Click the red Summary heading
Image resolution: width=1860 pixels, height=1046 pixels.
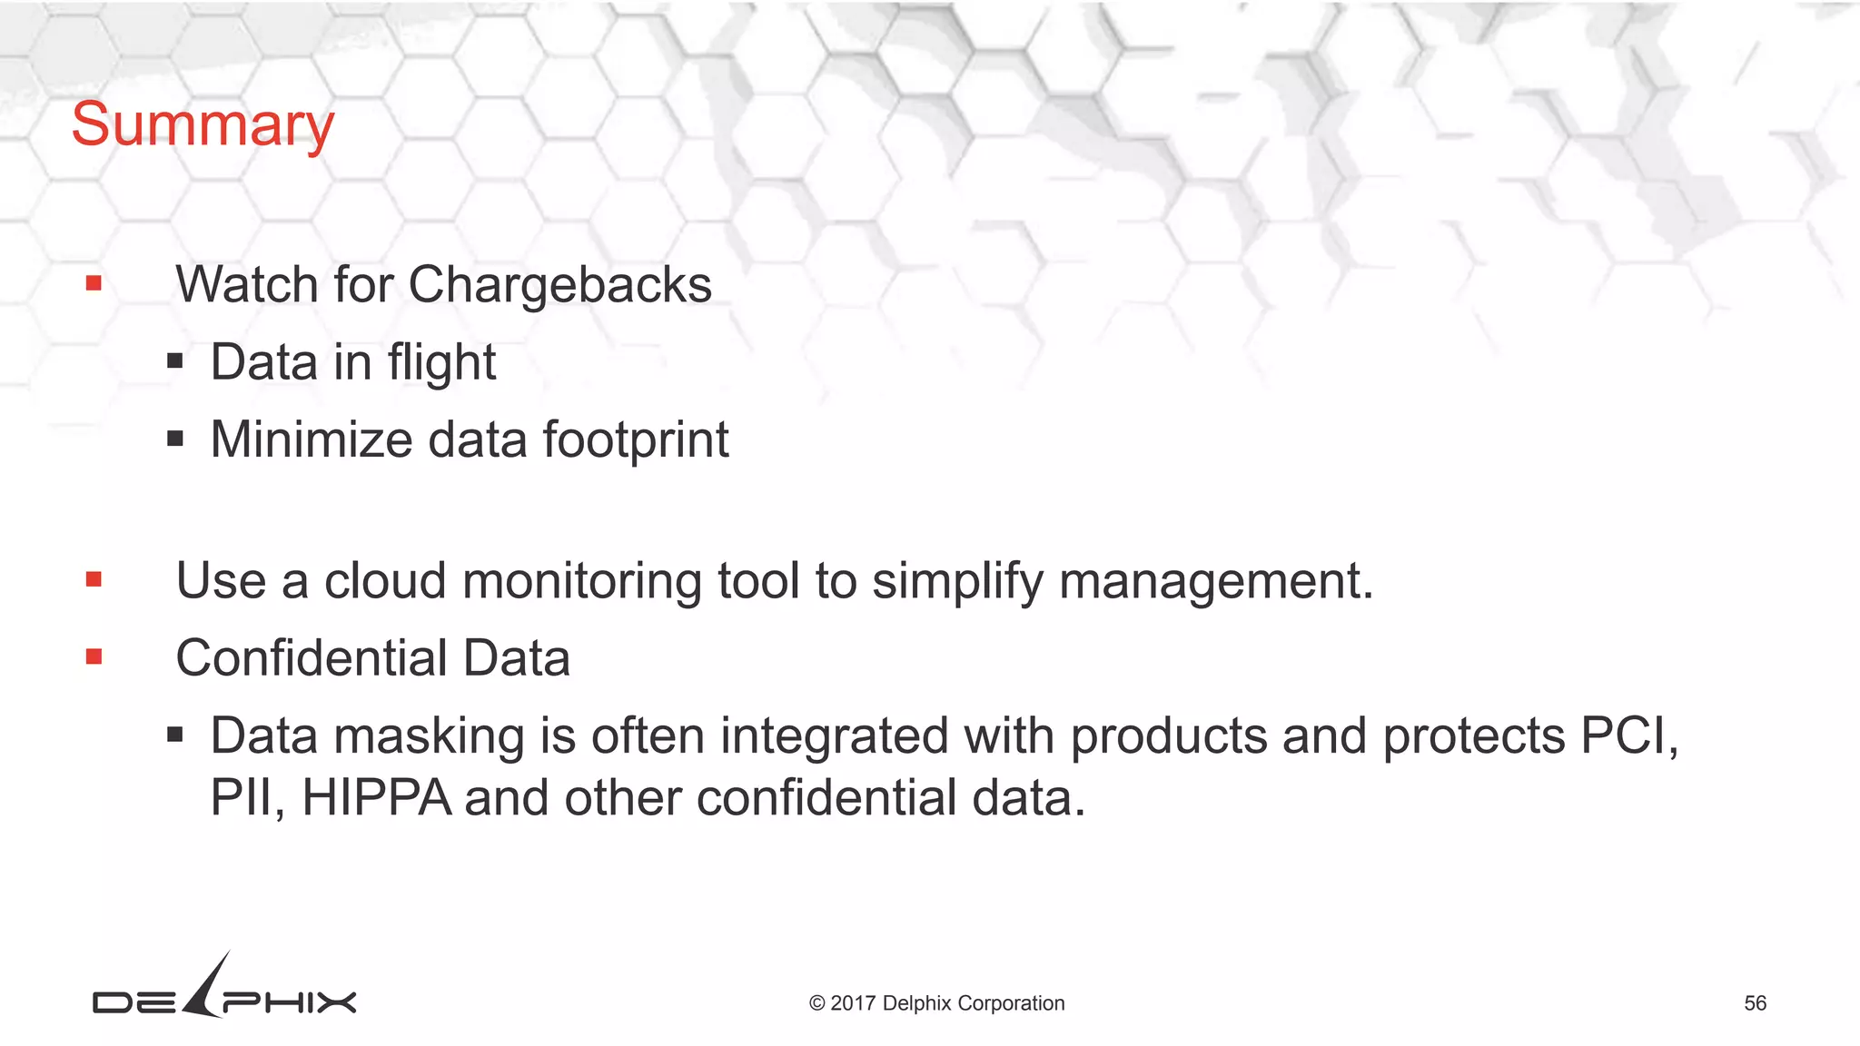[203, 125]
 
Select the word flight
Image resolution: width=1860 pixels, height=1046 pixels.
[441, 363]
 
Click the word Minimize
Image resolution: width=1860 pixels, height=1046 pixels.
[312, 440]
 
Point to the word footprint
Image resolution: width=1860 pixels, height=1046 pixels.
[636, 440]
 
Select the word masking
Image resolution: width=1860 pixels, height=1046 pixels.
[430, 736]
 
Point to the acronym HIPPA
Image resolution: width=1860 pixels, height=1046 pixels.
[376, 799]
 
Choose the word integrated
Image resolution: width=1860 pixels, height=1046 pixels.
[834, 736]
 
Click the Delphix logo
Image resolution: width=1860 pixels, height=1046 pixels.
[224, 990]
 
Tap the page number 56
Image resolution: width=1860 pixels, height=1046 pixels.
[1755, 1003]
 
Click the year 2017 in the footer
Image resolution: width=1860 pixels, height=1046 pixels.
[852, 1003]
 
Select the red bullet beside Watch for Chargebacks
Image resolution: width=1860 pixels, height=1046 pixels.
[94, 284]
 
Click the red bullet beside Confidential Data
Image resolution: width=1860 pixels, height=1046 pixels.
[94, 656]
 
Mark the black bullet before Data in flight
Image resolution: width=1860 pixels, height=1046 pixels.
[175, 362]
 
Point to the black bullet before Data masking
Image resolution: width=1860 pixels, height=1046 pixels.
[175, 735]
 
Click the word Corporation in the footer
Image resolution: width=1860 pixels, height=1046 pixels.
[1011, 1003]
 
